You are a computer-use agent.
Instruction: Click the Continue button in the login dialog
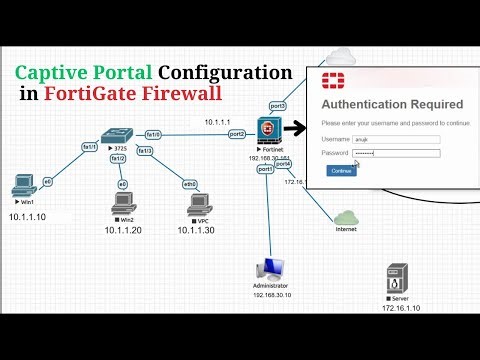pyautogui.click(x=342, y=171)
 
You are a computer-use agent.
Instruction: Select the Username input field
pyautogui.click(x=397, y=139)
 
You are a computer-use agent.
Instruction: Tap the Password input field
pyautogui.click(x=397, y=153)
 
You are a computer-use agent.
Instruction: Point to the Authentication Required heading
pyautogui.click(x=392, y=104)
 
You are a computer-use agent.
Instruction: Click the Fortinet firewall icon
pyautogui.click(x=267, y=132)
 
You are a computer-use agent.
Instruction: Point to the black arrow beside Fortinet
pyautogui.click(x=295, y=129)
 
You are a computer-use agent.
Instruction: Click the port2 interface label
pyautogui.click(x=237, y=133)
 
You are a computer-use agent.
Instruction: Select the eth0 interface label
pyautogui.click(x=190, y=184)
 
